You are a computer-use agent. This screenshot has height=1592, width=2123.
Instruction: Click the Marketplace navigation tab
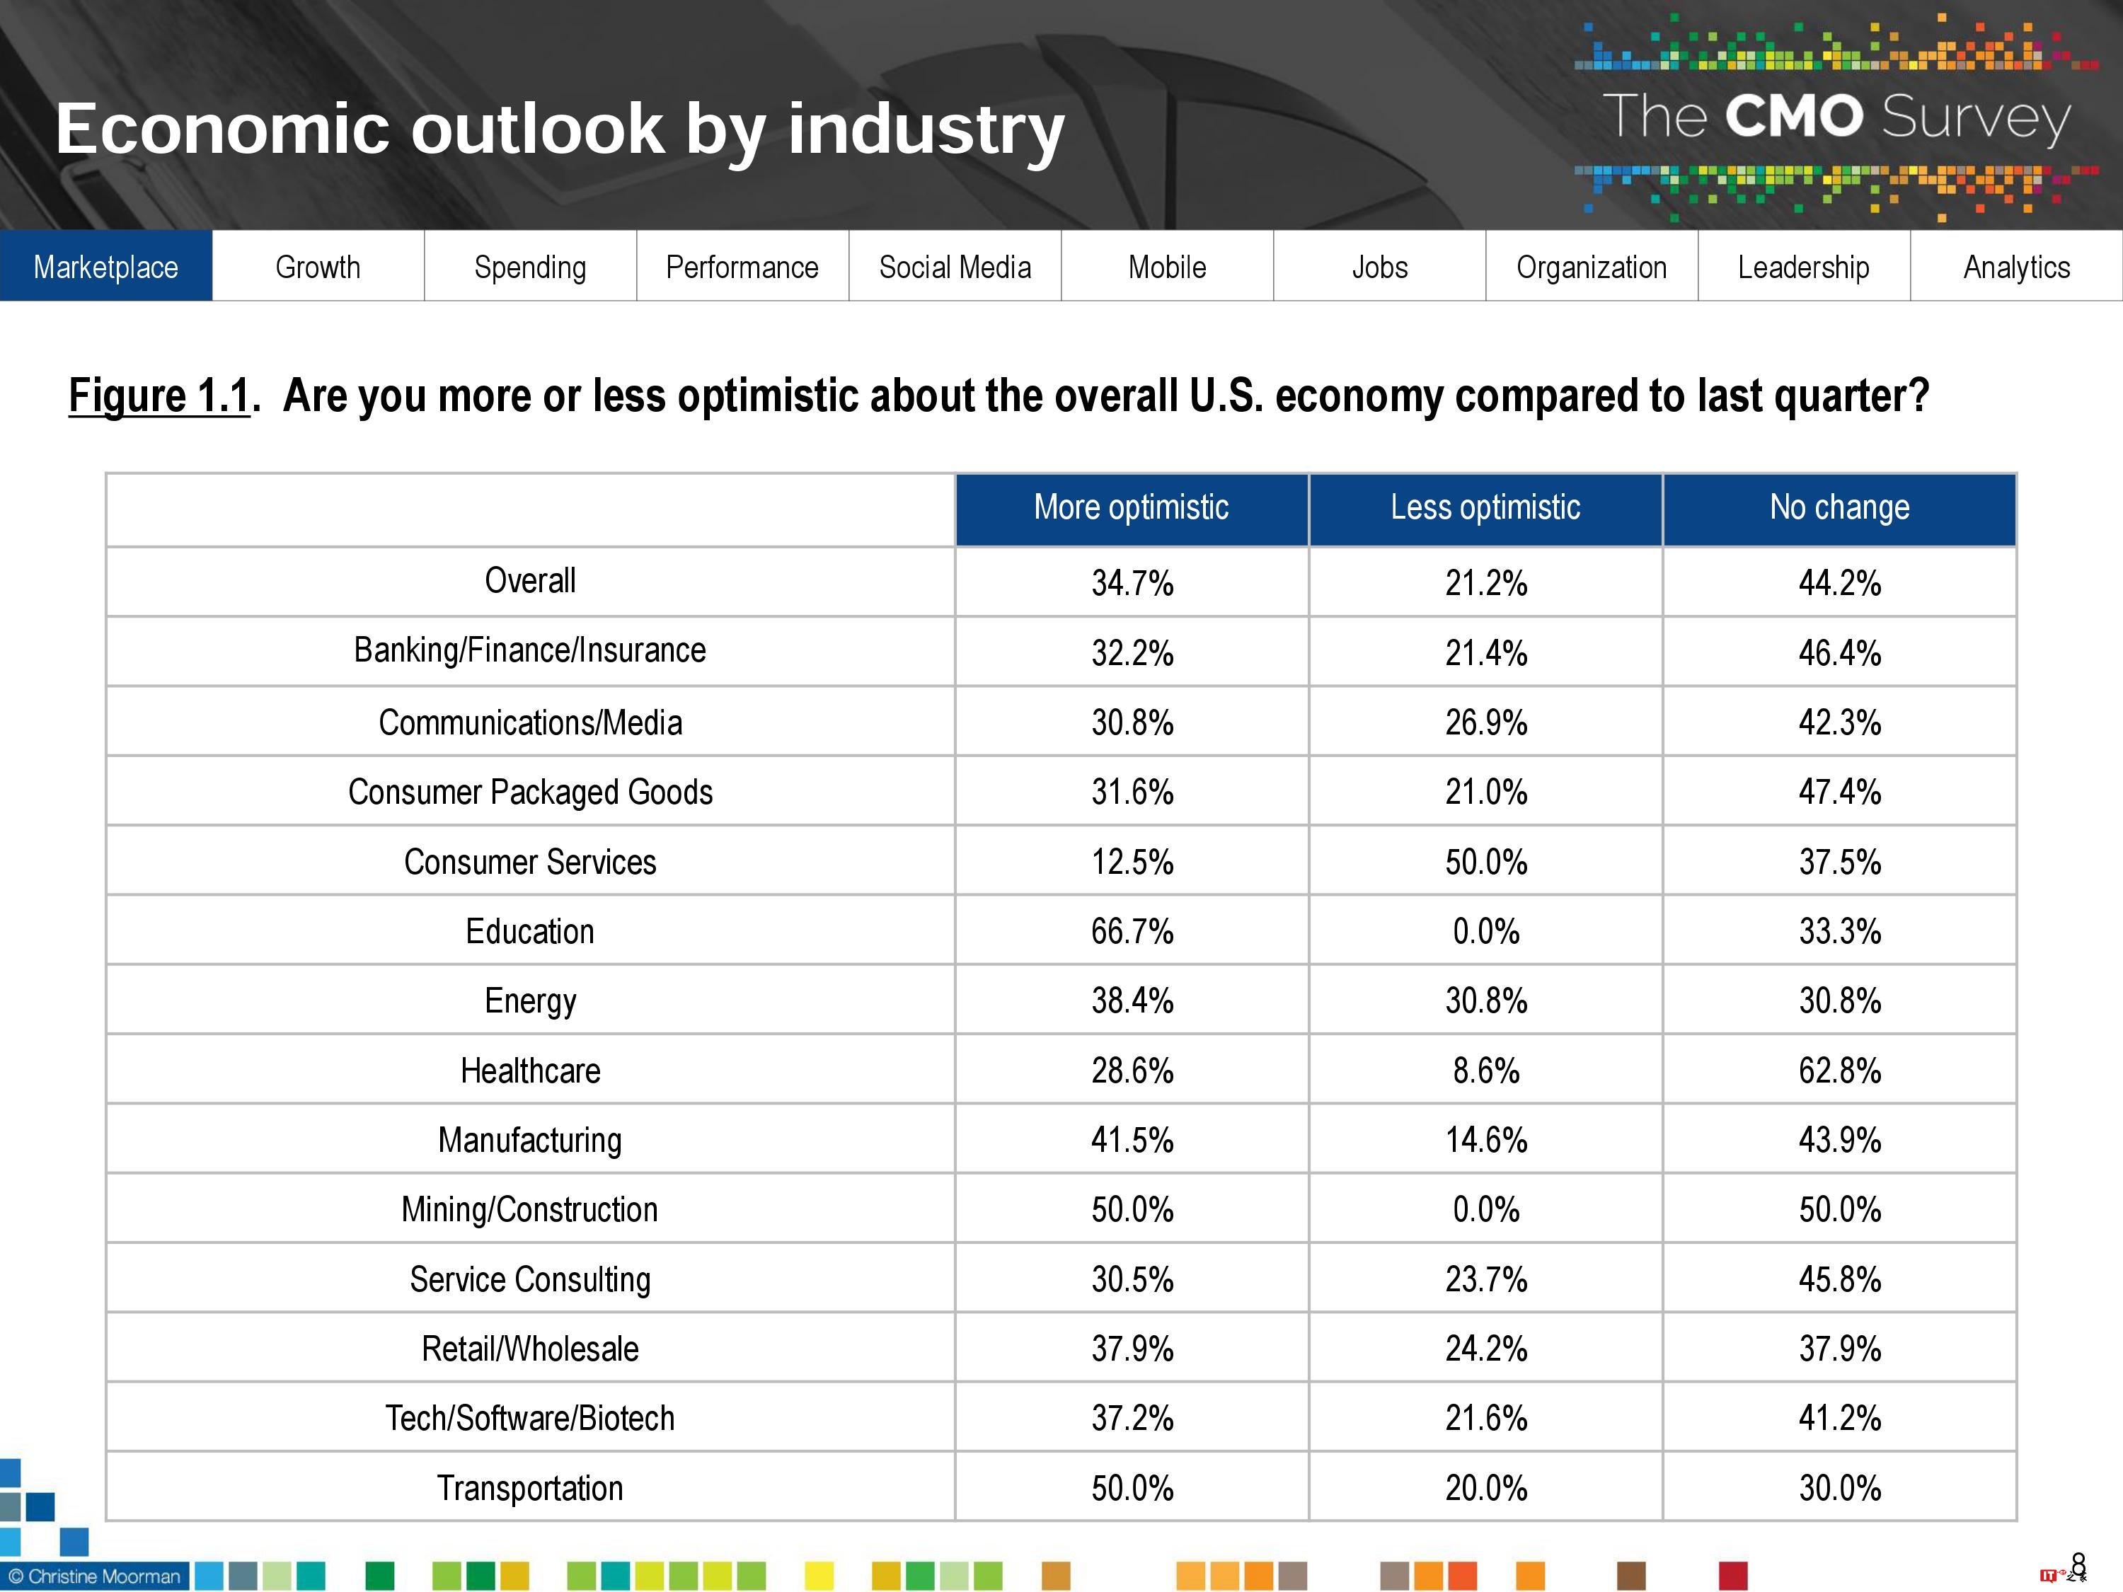[105, 267]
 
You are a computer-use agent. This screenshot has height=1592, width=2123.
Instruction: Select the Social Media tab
[955, 267]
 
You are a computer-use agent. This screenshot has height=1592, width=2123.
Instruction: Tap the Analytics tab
[2016, 267]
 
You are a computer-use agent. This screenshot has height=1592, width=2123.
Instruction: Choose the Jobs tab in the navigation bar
[1379, 267]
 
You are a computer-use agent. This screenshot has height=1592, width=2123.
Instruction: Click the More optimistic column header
[1132, 507]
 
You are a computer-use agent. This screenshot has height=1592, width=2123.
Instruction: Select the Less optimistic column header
[1485, 507]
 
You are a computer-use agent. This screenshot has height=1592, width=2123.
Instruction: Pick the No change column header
[1839, 507]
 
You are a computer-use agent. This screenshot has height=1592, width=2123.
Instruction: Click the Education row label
[530, 932]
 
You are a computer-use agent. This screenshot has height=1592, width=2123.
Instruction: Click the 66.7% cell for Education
[1132, 932]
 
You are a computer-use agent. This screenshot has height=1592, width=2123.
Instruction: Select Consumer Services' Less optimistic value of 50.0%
[1485, 862]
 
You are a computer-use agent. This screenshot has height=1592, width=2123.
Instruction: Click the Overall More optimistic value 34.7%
[1132, 582]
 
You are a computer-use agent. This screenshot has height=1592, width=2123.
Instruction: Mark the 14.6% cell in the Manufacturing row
[1485, 1140]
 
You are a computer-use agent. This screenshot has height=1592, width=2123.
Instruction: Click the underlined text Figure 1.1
[159, 396]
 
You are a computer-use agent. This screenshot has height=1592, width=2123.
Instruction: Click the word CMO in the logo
[1793, 117]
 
